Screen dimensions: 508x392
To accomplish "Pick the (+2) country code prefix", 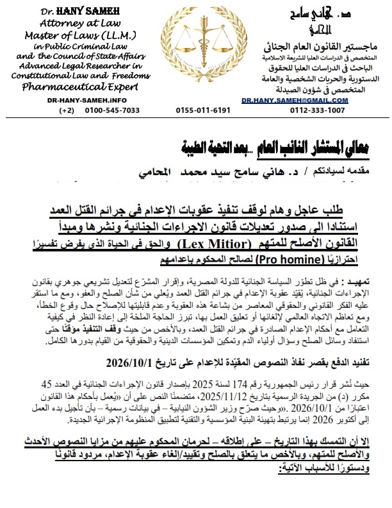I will [67, 110].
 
